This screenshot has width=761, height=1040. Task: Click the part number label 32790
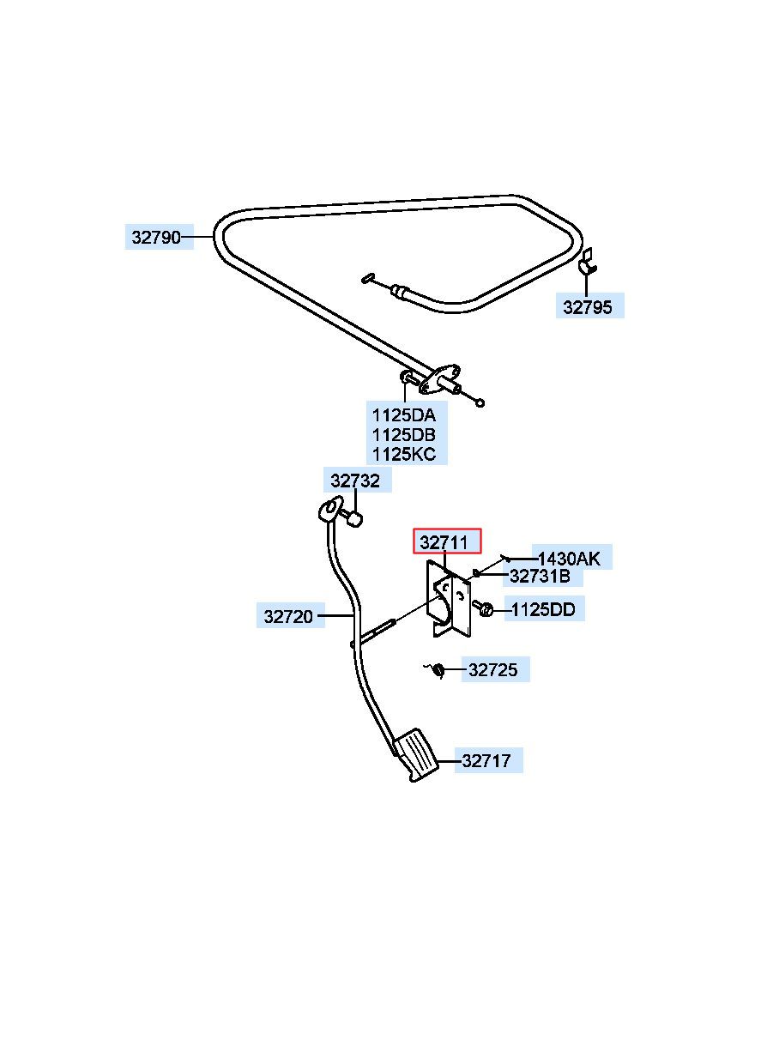click(156, 237)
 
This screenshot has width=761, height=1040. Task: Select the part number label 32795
click(588, 307)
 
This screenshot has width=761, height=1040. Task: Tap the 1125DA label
click(404, 414)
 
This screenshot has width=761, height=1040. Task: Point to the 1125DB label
click(404, 434)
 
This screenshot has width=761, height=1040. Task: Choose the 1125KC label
click(404, 454)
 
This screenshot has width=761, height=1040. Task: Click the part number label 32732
click(355, 481)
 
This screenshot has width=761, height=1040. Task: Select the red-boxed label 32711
click(444, 541)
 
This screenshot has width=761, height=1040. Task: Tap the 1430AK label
click(569, 559)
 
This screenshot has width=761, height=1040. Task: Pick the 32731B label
click(540, 576)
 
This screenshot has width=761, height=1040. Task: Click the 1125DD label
click(543, 609)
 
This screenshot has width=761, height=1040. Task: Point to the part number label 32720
click(288, 617)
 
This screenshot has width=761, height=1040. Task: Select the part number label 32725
click(492, 669)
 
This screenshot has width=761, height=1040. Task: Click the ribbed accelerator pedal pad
click(416, 754)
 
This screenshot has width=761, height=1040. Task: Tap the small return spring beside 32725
click(437, 670)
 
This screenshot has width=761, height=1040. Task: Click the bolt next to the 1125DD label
click(483, 608)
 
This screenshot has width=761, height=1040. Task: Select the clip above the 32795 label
click(587, 261)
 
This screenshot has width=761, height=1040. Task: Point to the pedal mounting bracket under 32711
click(449, 599)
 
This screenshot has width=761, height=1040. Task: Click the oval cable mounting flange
click(439, 379)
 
